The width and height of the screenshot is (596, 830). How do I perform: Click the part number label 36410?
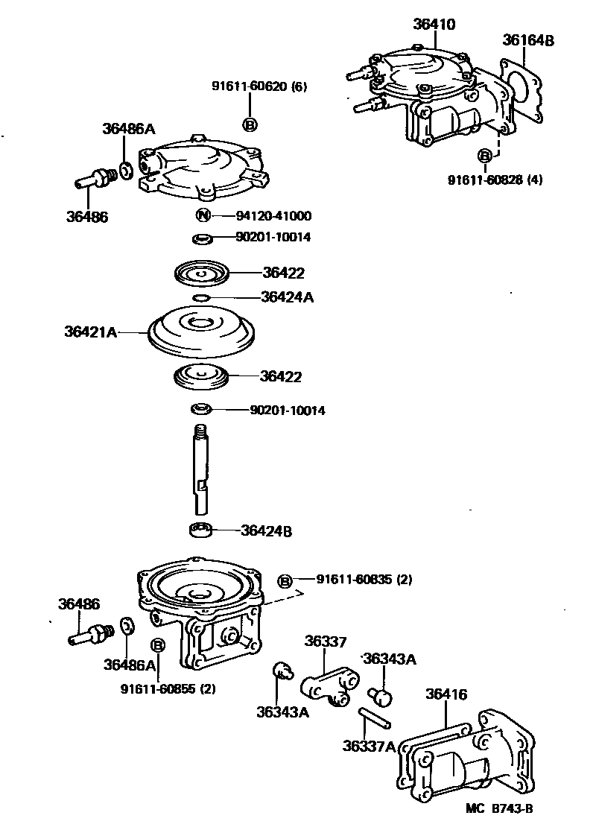(434, 25)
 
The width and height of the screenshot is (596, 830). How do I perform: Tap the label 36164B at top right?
(527, 40)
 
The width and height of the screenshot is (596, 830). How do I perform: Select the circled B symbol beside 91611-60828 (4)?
(485, 156)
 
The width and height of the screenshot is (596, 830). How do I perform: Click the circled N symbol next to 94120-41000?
(202, 216)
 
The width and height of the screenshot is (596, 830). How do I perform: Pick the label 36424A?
(287, 297)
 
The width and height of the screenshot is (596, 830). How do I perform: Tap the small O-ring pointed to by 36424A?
(200, 298)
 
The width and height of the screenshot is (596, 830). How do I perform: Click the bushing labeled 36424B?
(200, 530)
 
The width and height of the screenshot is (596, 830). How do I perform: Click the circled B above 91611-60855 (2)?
(158, 644)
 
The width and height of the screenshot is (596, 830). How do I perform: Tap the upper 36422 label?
(283, 273)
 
